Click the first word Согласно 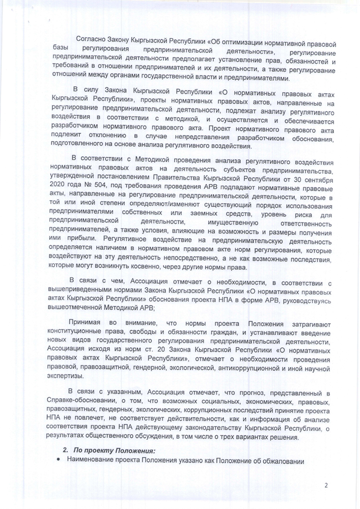click(x=91, y=39)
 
